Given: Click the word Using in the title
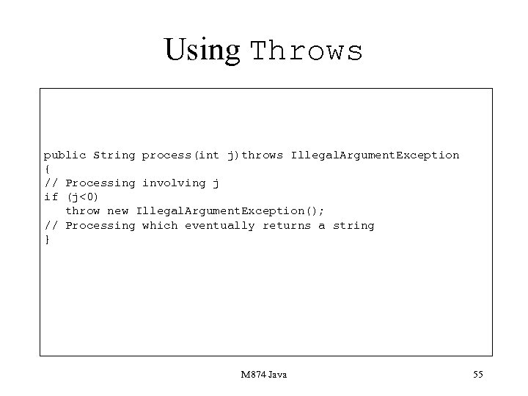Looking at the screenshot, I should click(202, 49).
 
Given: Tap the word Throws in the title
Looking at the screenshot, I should click(307, 51).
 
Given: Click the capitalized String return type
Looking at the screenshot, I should click(114, 155).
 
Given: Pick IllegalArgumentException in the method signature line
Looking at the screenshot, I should click(375, 155).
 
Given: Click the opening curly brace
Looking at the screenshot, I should click(46, 169).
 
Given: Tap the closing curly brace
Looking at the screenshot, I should click(46, 239).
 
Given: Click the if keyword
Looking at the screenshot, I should click(51, 197).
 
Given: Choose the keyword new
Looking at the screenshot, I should click(117, 211).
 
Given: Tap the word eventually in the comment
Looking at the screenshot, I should click(219, 225).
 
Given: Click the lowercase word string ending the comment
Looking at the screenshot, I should click(353, 225).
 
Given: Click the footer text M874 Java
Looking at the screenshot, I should click(263, 375).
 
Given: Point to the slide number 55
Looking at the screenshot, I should click(477, 375).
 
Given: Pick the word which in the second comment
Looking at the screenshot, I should click(159, 225).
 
